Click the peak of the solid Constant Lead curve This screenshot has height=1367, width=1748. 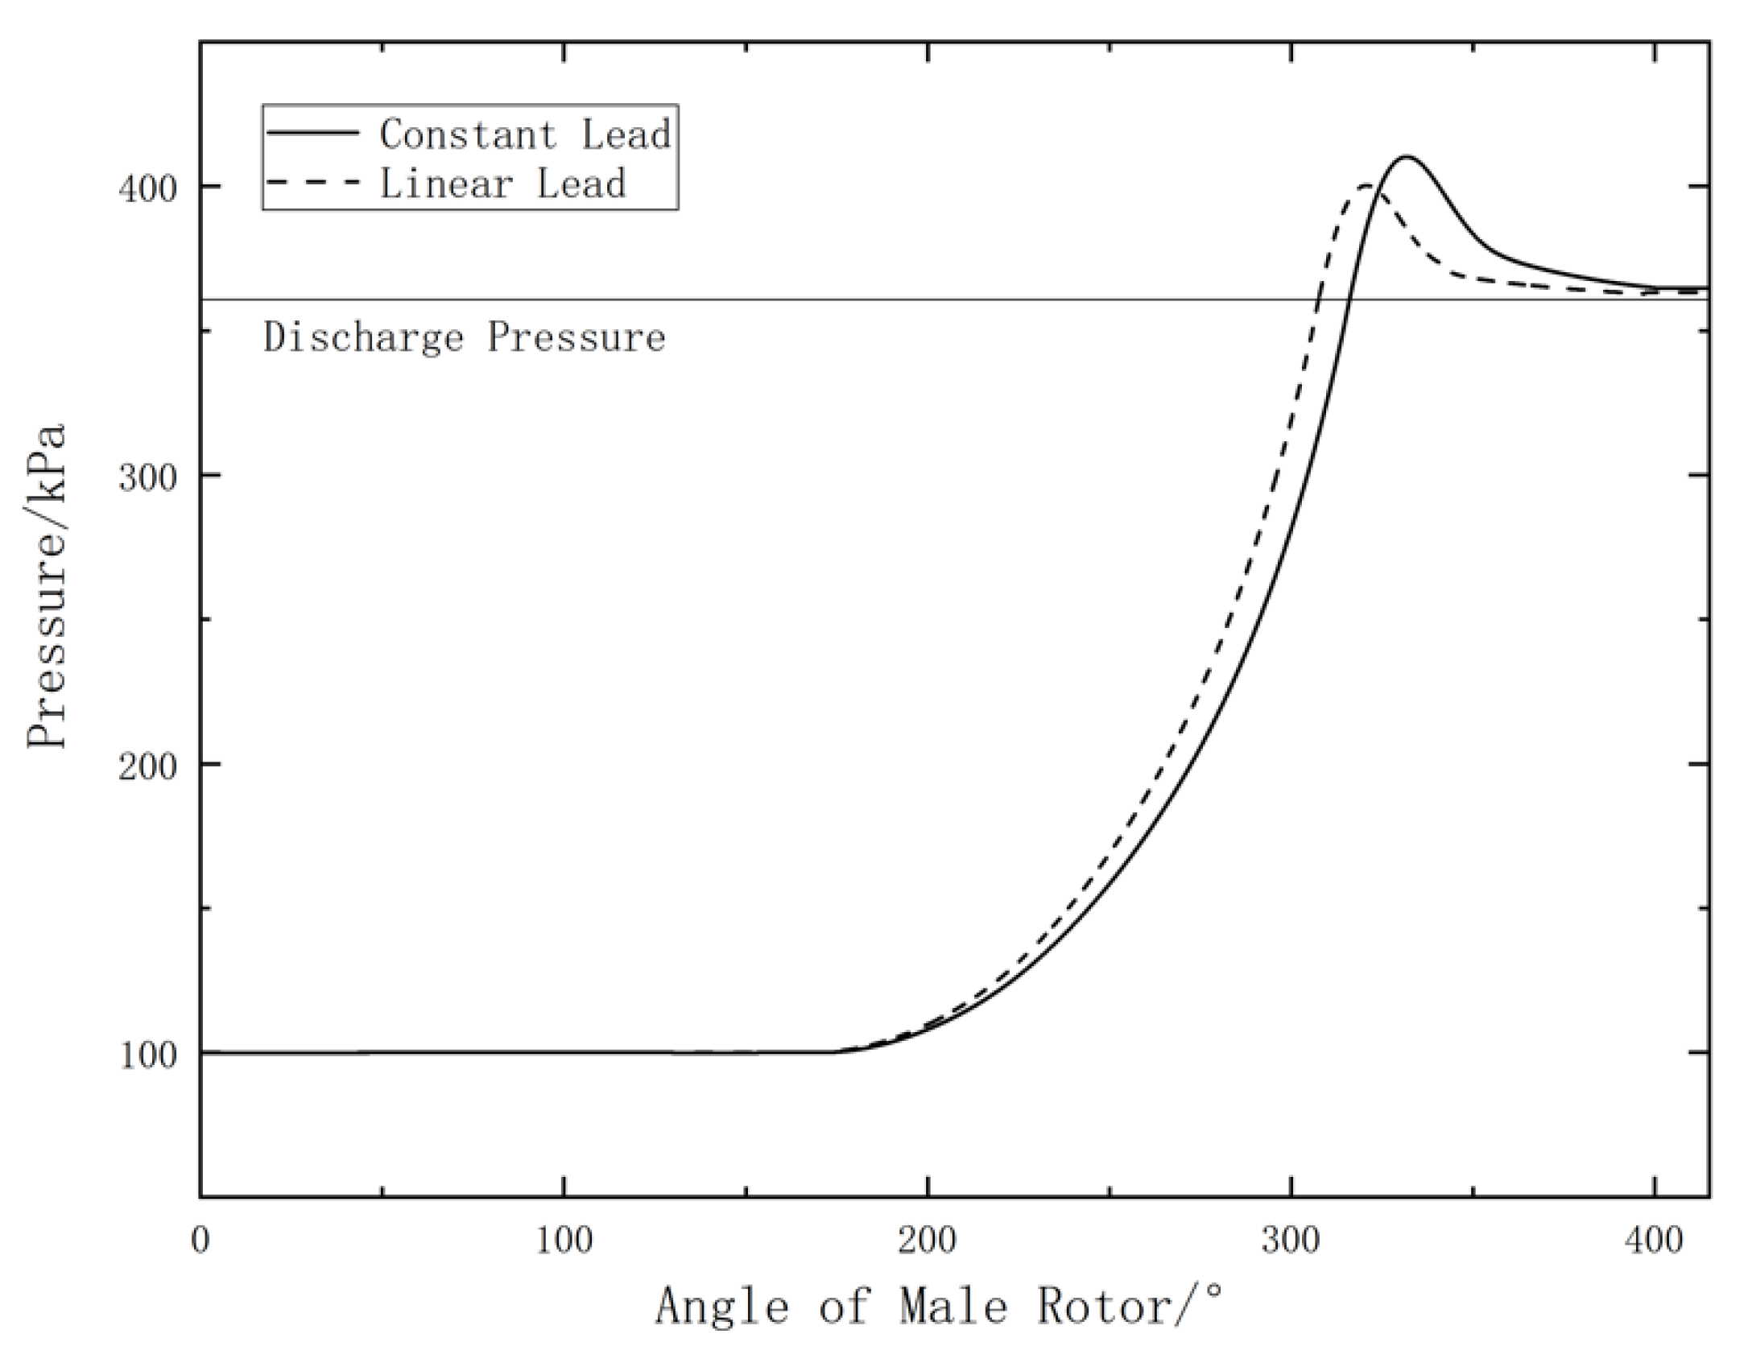point(1406,157)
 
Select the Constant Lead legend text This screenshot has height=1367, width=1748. point(525,134)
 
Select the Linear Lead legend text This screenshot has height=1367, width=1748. point(502,184)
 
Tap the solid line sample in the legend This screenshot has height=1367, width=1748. point(312,132)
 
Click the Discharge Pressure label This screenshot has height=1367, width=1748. point(465,337)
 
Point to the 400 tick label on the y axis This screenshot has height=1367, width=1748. point(147,188)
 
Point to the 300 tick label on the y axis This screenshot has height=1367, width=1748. point(147,477)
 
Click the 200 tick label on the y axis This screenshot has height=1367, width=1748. point(147,765)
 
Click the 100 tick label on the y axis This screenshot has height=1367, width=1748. point(147,1054)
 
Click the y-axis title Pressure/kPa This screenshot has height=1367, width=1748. point(47,585)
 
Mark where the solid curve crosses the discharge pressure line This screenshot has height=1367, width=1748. point(1348,299)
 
